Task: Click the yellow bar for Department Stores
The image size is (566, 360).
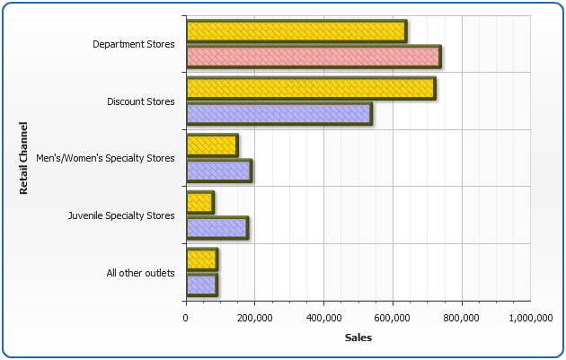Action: [296, 31]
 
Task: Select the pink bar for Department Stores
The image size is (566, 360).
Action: [313, 57]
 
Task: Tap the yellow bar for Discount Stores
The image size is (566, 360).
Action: [311, 89]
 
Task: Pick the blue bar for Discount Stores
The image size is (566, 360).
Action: [279, 114]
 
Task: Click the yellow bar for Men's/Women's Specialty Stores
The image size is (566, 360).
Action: [212, 145]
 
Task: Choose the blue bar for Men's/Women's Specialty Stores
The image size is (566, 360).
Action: [218, 171]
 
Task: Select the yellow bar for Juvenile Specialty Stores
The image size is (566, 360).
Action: [199, 203]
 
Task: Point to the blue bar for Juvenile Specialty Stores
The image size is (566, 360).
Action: [217, 228]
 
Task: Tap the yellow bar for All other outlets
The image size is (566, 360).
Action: [201, 259]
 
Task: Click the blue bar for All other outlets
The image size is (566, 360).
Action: [201, 285]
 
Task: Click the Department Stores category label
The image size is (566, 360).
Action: [134, 44]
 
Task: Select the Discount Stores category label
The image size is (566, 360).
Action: [141, 101]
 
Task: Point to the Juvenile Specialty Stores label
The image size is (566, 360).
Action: [121, 215]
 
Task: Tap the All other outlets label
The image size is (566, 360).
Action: [140, 272]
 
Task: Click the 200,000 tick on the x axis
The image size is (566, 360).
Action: [254, 317]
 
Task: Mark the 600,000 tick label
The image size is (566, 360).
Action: [393, 317]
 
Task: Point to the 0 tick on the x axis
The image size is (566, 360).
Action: [186, 317]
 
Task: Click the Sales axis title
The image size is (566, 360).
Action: [358, 338]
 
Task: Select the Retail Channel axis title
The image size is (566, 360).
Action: [23, 159]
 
